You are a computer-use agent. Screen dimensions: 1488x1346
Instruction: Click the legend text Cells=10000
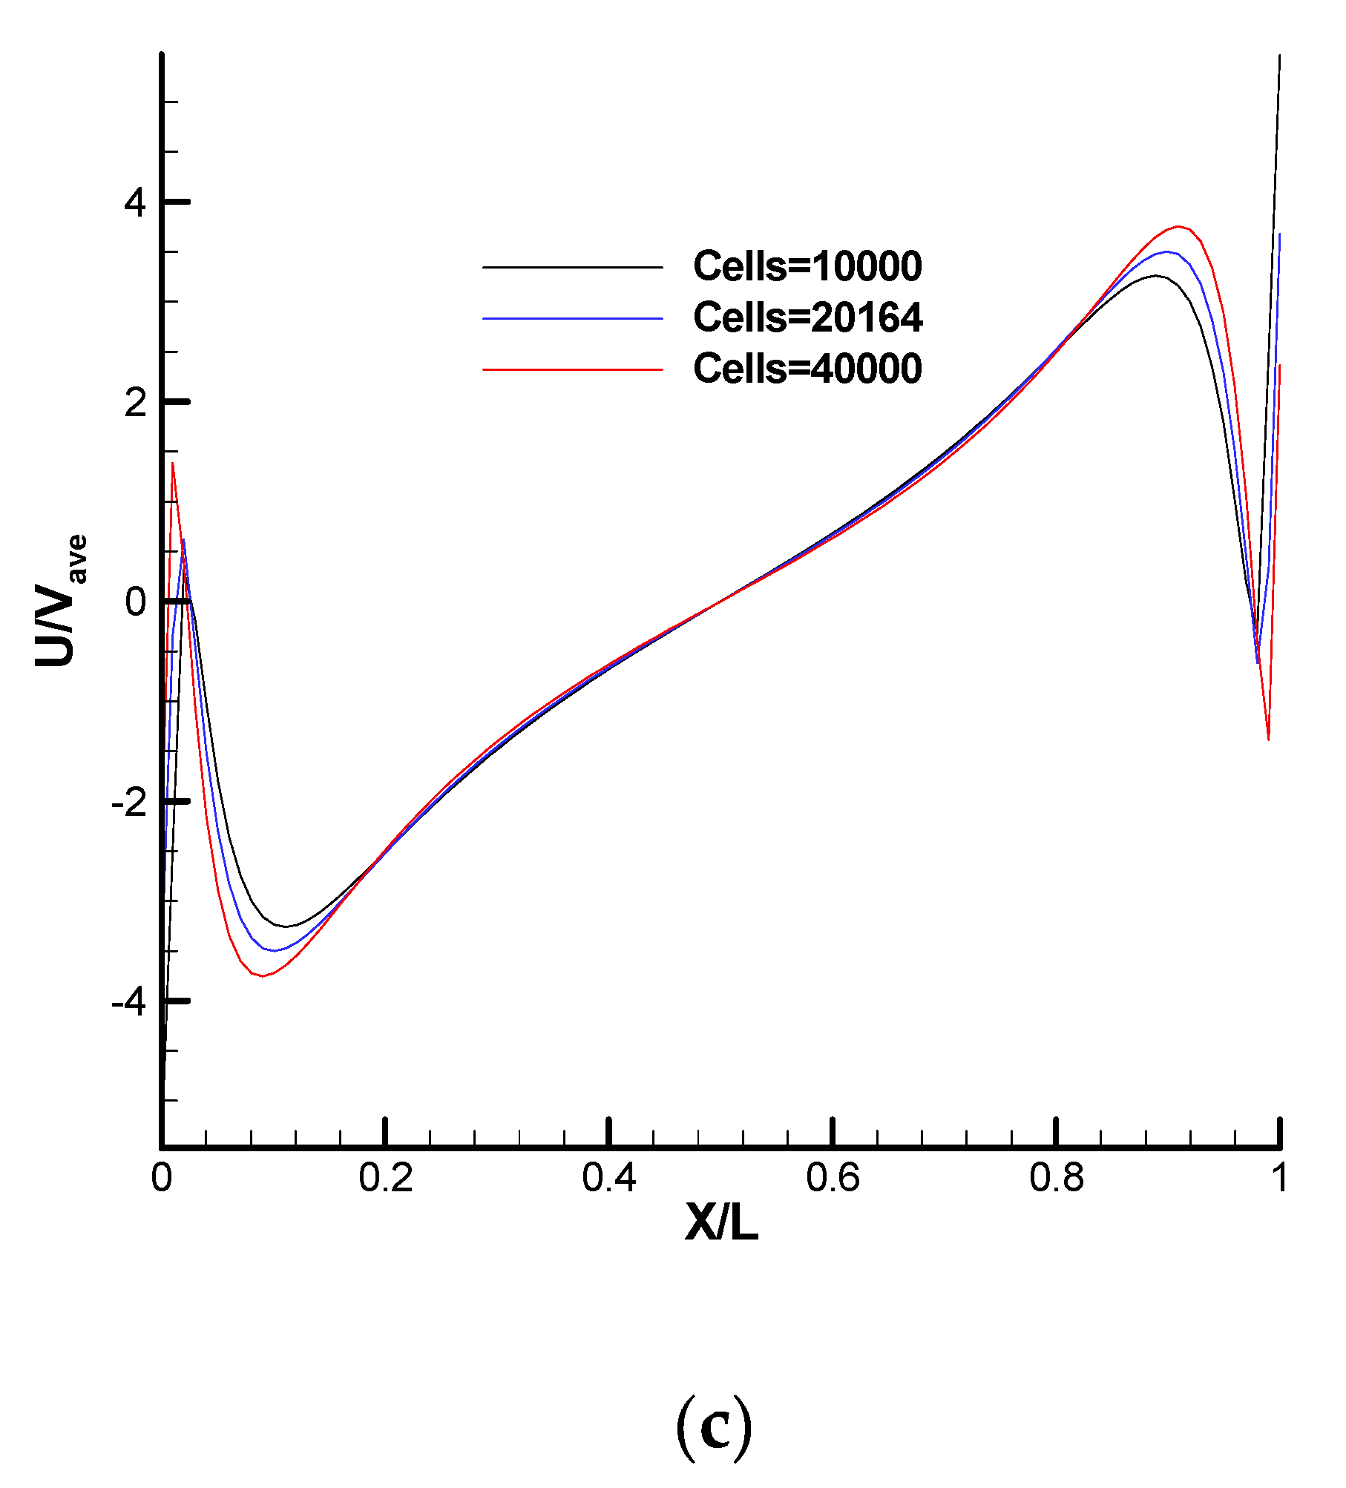tap(807, 266)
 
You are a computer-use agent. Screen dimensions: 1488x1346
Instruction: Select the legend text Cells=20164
tap(807, 317)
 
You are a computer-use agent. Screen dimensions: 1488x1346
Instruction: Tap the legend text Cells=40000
tap(807, 369)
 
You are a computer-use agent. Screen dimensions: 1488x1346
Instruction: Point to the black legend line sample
tap(572, 267)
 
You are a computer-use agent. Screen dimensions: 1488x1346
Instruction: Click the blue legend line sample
tap(572, 318)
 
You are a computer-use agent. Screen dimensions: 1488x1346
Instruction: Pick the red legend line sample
tap(572, 369)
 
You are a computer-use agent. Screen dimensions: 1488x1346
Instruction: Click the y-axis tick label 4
tap(136, 203)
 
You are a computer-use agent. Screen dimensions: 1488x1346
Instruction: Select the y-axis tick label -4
tap(129, 1002)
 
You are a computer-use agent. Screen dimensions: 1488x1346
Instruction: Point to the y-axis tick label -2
tap(129, 803)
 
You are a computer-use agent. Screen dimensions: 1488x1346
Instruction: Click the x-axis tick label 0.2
tap(385, 1178)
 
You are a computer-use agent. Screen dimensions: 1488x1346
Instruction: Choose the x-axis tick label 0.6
tap(833, 1178)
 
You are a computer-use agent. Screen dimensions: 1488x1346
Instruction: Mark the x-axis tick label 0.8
tap(1056, 1178)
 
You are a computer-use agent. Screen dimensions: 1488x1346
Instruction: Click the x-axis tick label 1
tap(1279, 1178)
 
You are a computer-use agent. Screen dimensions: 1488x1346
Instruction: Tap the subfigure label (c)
tap(714, 1428)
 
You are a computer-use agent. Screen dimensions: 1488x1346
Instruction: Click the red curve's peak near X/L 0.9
tap(1178, 226)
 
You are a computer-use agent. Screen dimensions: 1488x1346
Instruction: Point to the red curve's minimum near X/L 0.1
tap(262, 976)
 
